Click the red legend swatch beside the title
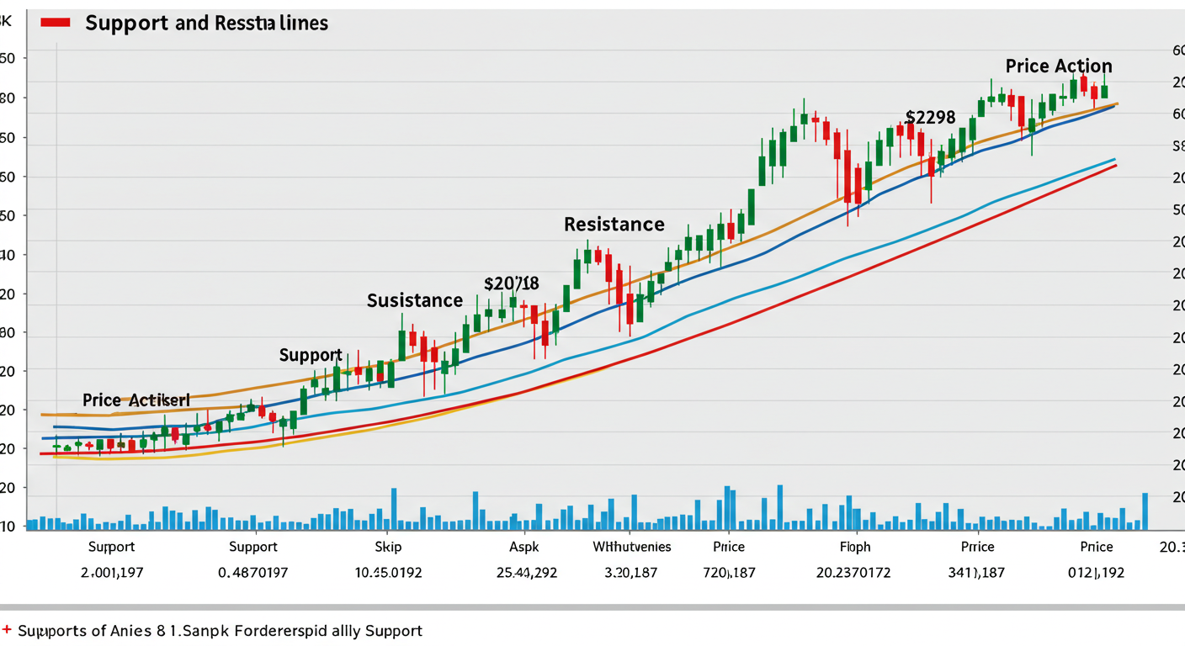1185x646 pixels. click(x=55, y=22)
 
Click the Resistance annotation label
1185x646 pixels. click(x=614, y=225)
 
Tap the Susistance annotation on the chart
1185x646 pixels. click(x=414, y=300)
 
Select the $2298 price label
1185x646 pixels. click(x=930, y=118)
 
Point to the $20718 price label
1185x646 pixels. click(x=511, y=283)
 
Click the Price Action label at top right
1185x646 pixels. click(x=1058, y=66)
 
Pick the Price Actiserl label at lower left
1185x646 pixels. click(x=136, y=400)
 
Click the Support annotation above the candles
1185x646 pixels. click(x=311, y=355)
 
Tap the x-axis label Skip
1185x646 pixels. click(x=388, y=547)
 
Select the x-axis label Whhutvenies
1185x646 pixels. click(x=631, y=547)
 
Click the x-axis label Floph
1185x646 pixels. click(x=855, y=547)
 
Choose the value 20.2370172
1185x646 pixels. click(x=853, y=573)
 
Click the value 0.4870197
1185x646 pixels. click(x=252, y=573)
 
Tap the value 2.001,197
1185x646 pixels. click(x=111, y=573)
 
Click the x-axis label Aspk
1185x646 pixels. click(x=523, y=547)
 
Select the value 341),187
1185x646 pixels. click(x=976, y=573)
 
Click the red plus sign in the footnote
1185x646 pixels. click(x=8, y=629)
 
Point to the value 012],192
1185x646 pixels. click(x=1095, y=573)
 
